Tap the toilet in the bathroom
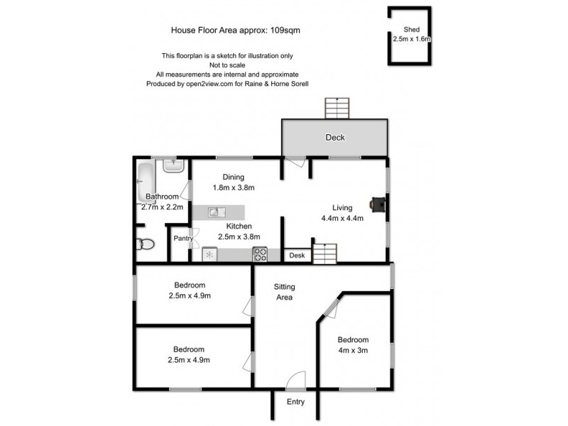tap(145, 245)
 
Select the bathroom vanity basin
tap(173, 165)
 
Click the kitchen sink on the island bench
tap(217, 212)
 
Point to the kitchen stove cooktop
tap(260, 253)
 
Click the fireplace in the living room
tap(378, 204)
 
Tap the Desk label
tap(297, 256)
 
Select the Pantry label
tap(182, 239)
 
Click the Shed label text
tap(412, 29)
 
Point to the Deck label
tap(335, 138)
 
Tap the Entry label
tap(295, 402)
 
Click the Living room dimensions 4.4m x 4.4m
tap(342, 218)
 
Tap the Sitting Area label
tap(285, 292)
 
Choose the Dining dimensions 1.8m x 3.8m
tap(234, 188)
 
